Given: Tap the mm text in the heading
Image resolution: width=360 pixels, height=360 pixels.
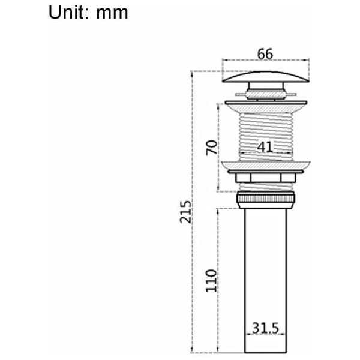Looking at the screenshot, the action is click(112, 13).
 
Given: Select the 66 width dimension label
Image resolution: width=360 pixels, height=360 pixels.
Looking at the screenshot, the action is click(265, 54).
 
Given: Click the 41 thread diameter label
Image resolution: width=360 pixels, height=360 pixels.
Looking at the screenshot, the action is click(265, 147).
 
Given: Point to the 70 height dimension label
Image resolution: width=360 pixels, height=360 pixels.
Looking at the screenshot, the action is click(211, 148).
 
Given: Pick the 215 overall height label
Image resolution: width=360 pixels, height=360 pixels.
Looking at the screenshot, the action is click(185, 212).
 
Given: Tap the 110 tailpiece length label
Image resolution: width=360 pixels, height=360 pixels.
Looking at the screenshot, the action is click(211, 281).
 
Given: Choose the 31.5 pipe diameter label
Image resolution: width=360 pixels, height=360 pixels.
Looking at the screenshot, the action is click(265, 328).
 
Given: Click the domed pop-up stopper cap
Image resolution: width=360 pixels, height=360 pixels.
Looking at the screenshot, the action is click(266, 77).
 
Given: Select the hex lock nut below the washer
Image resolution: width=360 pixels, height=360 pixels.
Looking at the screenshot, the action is click(266, 178).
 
